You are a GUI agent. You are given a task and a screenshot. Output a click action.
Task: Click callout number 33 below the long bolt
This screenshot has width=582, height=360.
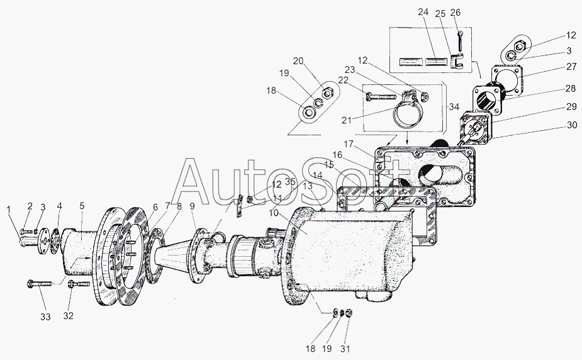(x=45, y=317)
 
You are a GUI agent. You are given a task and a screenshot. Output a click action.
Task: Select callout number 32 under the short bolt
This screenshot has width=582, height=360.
(x=69, y=316)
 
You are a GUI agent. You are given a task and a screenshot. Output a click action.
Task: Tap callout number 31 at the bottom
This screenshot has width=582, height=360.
(x=345, y=349)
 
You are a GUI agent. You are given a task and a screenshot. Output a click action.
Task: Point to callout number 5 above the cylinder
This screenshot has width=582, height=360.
(x=82, y=205)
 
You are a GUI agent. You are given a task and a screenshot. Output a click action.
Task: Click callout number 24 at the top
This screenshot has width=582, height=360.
(x=423, y=12)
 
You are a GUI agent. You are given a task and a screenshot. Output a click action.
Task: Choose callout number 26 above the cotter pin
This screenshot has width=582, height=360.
(x=456, y=12)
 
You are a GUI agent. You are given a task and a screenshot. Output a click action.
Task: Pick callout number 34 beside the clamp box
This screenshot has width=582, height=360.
(x=454, y=107)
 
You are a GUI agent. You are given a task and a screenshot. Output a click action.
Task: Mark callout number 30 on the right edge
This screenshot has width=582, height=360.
(x=572, y=125)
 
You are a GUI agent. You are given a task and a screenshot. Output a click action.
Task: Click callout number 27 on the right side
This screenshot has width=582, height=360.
(x=572, y=67)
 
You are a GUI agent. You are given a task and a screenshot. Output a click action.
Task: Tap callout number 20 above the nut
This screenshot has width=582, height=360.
(x=298, y=61)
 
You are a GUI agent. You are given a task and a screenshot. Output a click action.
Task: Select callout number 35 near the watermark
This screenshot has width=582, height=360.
(x=290, y=182)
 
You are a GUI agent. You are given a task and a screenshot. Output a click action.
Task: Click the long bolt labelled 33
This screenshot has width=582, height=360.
(x=40, y=284)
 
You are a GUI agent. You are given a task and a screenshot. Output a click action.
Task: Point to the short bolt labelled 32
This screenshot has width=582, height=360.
(x=79, y=284)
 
